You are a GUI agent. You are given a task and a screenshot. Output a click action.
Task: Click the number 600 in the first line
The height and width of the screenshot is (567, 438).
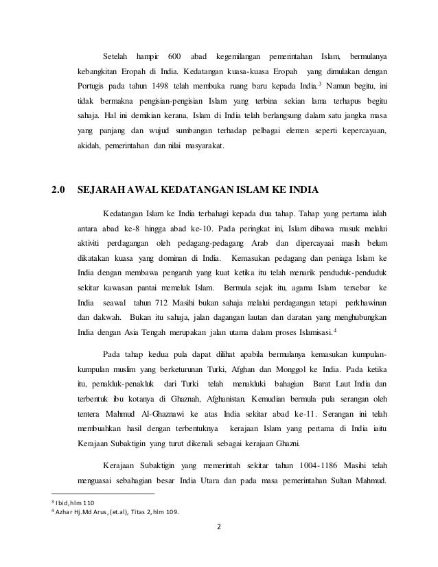pyautogui.click(x=174, y=54)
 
